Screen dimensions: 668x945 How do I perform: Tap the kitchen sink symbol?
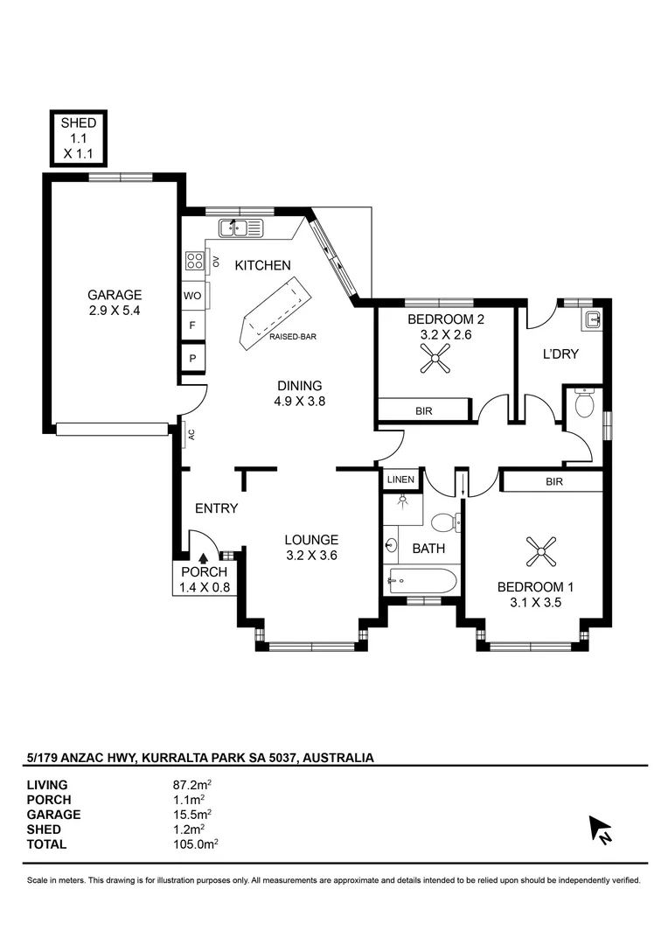click(241, 227)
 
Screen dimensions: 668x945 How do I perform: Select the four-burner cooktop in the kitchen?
click(195, 261)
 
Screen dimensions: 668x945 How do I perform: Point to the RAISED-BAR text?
click(293, 336)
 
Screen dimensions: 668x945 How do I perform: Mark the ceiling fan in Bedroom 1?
click(541, 551)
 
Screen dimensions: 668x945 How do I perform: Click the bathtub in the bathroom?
click(423, 581)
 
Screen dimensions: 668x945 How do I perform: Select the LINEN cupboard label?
click(400, 479)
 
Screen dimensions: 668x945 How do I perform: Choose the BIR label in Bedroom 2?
click(424, 411)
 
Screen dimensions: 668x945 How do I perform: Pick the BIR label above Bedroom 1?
click(554, 481)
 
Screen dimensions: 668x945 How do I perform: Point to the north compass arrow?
click(600, 829)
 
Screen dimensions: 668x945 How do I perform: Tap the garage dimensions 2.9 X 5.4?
click(114, 311)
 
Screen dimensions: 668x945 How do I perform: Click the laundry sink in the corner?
click(591, 318)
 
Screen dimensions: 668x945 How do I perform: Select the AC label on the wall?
click(191, 434)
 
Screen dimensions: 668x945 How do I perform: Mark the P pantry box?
click(192, 358)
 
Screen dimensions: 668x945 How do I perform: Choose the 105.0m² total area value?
click(196, 843)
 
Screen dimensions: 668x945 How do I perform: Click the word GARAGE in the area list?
click(53, 815)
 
